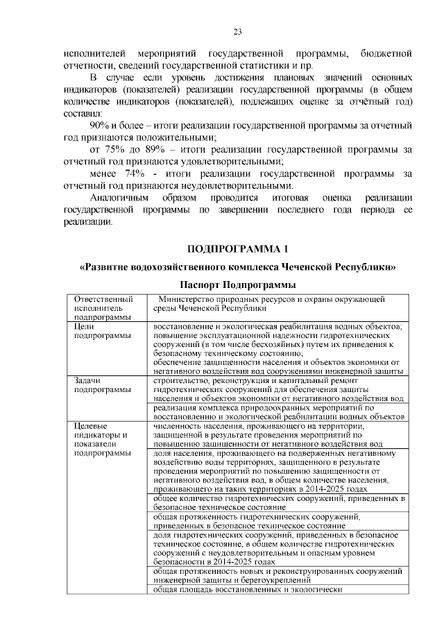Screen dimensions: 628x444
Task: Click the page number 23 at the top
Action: pos(237,32)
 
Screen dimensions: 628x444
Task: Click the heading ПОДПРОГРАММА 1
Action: pos(237,249)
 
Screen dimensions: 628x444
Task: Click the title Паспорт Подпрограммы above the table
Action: pos(237,285)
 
